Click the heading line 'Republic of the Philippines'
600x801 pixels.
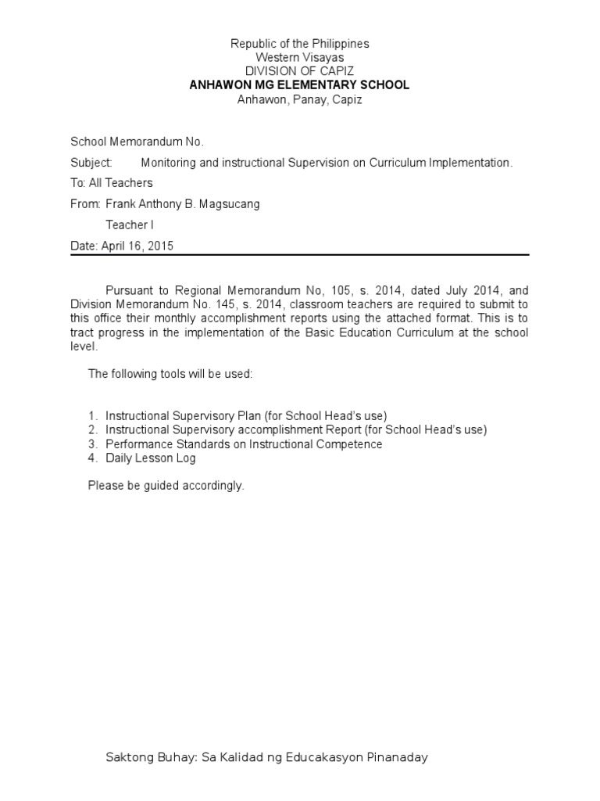pyautogui.click(x=299, y=44)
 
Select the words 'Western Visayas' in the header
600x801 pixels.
pyautogui.click(x=299, y=58)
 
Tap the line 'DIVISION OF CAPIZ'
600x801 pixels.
pyautogui.click(x=299, y=71)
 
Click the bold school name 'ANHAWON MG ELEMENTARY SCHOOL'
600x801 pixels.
pyautogui.click(x=299, y=85)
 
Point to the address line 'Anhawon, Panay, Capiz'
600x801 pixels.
pyautogui.click(x=299, y=99)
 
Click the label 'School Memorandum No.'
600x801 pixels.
pyautogui.click(x=137, y=142)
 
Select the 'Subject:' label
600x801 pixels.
pyautogui.click(x=92, y=163)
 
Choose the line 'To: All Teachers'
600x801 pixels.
pyautogui.click(x=112, y=183)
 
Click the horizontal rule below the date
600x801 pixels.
pyautogui.click(x=299, y=255)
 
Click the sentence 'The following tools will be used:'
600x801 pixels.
pyautogui.click(x=170, y=374)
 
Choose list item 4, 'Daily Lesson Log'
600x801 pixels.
pyautogui.click(x=150, y=458)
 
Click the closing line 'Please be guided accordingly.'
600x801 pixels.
pyautogui.click(x=166, y=486)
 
